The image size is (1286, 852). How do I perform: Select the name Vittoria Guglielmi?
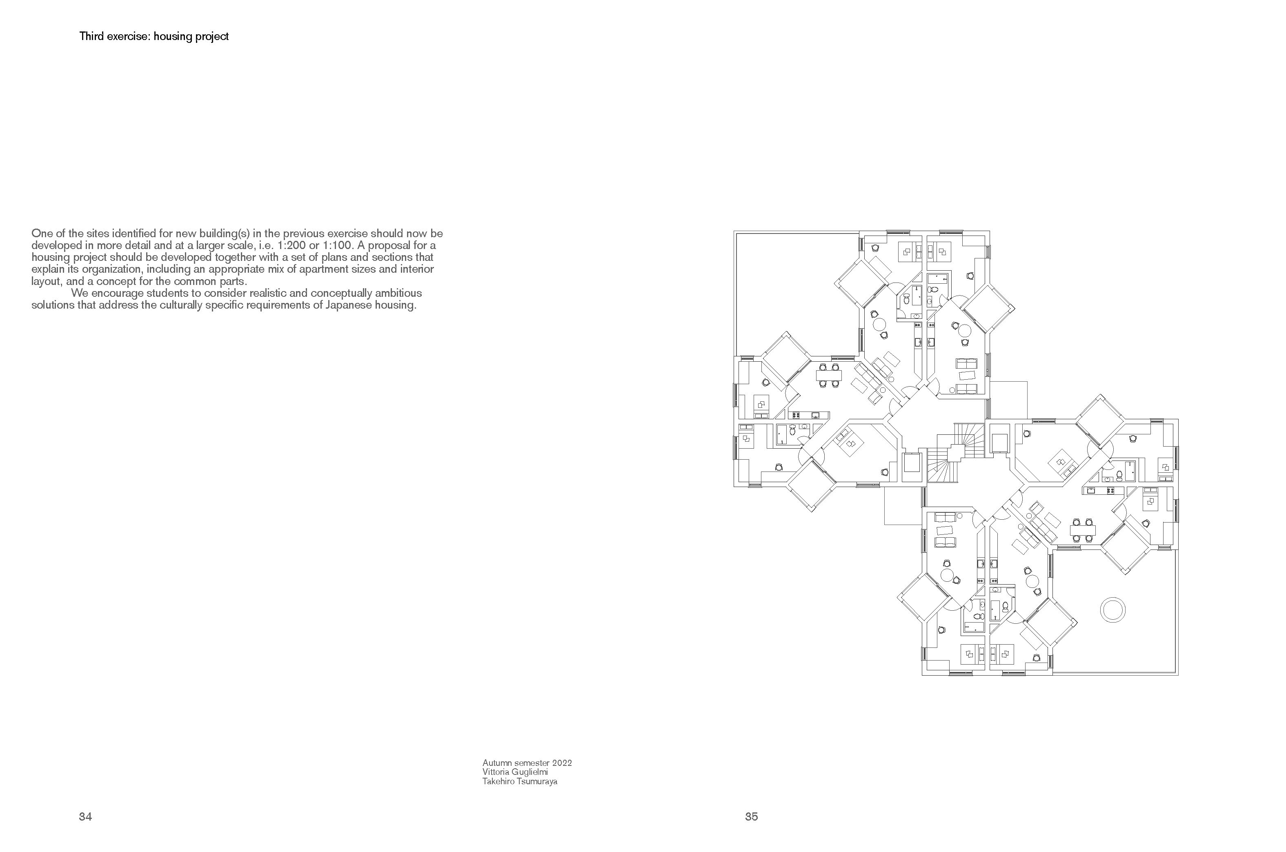click(x=515, y=772)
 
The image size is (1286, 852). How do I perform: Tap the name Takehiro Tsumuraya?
click(x=520, y=782)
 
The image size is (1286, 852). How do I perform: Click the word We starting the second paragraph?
click(x=79, y=294)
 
